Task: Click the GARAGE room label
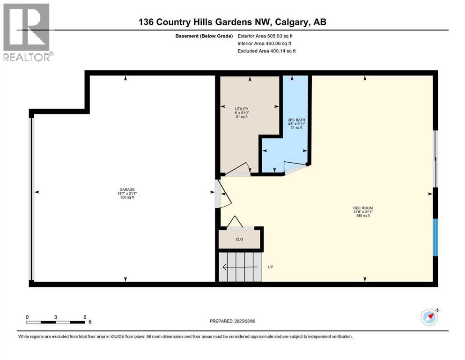click(127, 190)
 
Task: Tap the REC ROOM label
click(363, 208)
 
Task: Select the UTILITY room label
click(242, 109)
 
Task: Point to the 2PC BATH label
click(296, 120)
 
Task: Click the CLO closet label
click(239, 239)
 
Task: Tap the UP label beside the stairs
click(271, 267)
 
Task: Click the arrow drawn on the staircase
click(240, 267)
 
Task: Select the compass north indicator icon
click(430, 317)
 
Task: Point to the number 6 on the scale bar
click(85, 317)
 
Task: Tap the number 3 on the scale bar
click(55, 317)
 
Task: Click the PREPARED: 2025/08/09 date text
click(232, 321)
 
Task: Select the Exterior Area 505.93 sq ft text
click(265, 36)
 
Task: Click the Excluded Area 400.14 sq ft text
click(266, 51)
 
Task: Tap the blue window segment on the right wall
click(435, 238)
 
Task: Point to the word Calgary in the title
click(291, 22)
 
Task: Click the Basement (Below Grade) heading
click(204, 36)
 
